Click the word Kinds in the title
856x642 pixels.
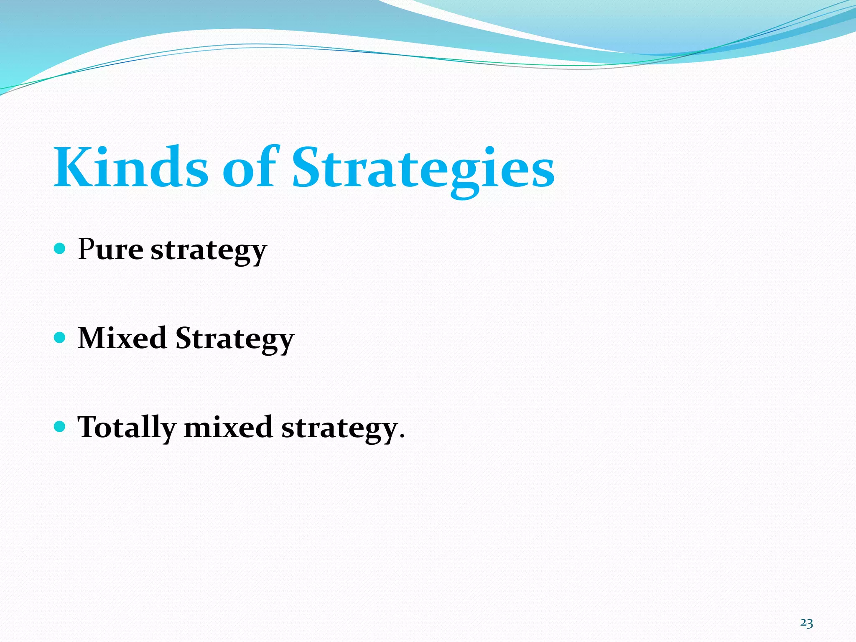pyautogui.click(x=130, y=167)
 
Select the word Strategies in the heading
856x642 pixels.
pyautogui.click(x=423, y=169)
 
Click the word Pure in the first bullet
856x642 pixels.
pyautogui.click(x=111, y=250)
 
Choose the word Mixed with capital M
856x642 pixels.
pyautogui.click(x=122, y=338)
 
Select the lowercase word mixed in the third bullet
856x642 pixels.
pyautogui.click(x=228, y=427)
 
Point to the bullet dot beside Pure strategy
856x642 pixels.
pyautogui.click(x=60, y=249)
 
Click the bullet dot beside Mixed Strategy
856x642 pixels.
pyautogui.click(x=60, y=337)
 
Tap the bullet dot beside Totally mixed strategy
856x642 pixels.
pyautogui.click(x=60, y=426)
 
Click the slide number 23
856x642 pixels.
pyautogui.click(x=806, y=623)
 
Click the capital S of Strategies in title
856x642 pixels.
pyautogui.click(x=308, y=167)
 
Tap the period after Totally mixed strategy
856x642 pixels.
pyautogui.click(x=402, y=436)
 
